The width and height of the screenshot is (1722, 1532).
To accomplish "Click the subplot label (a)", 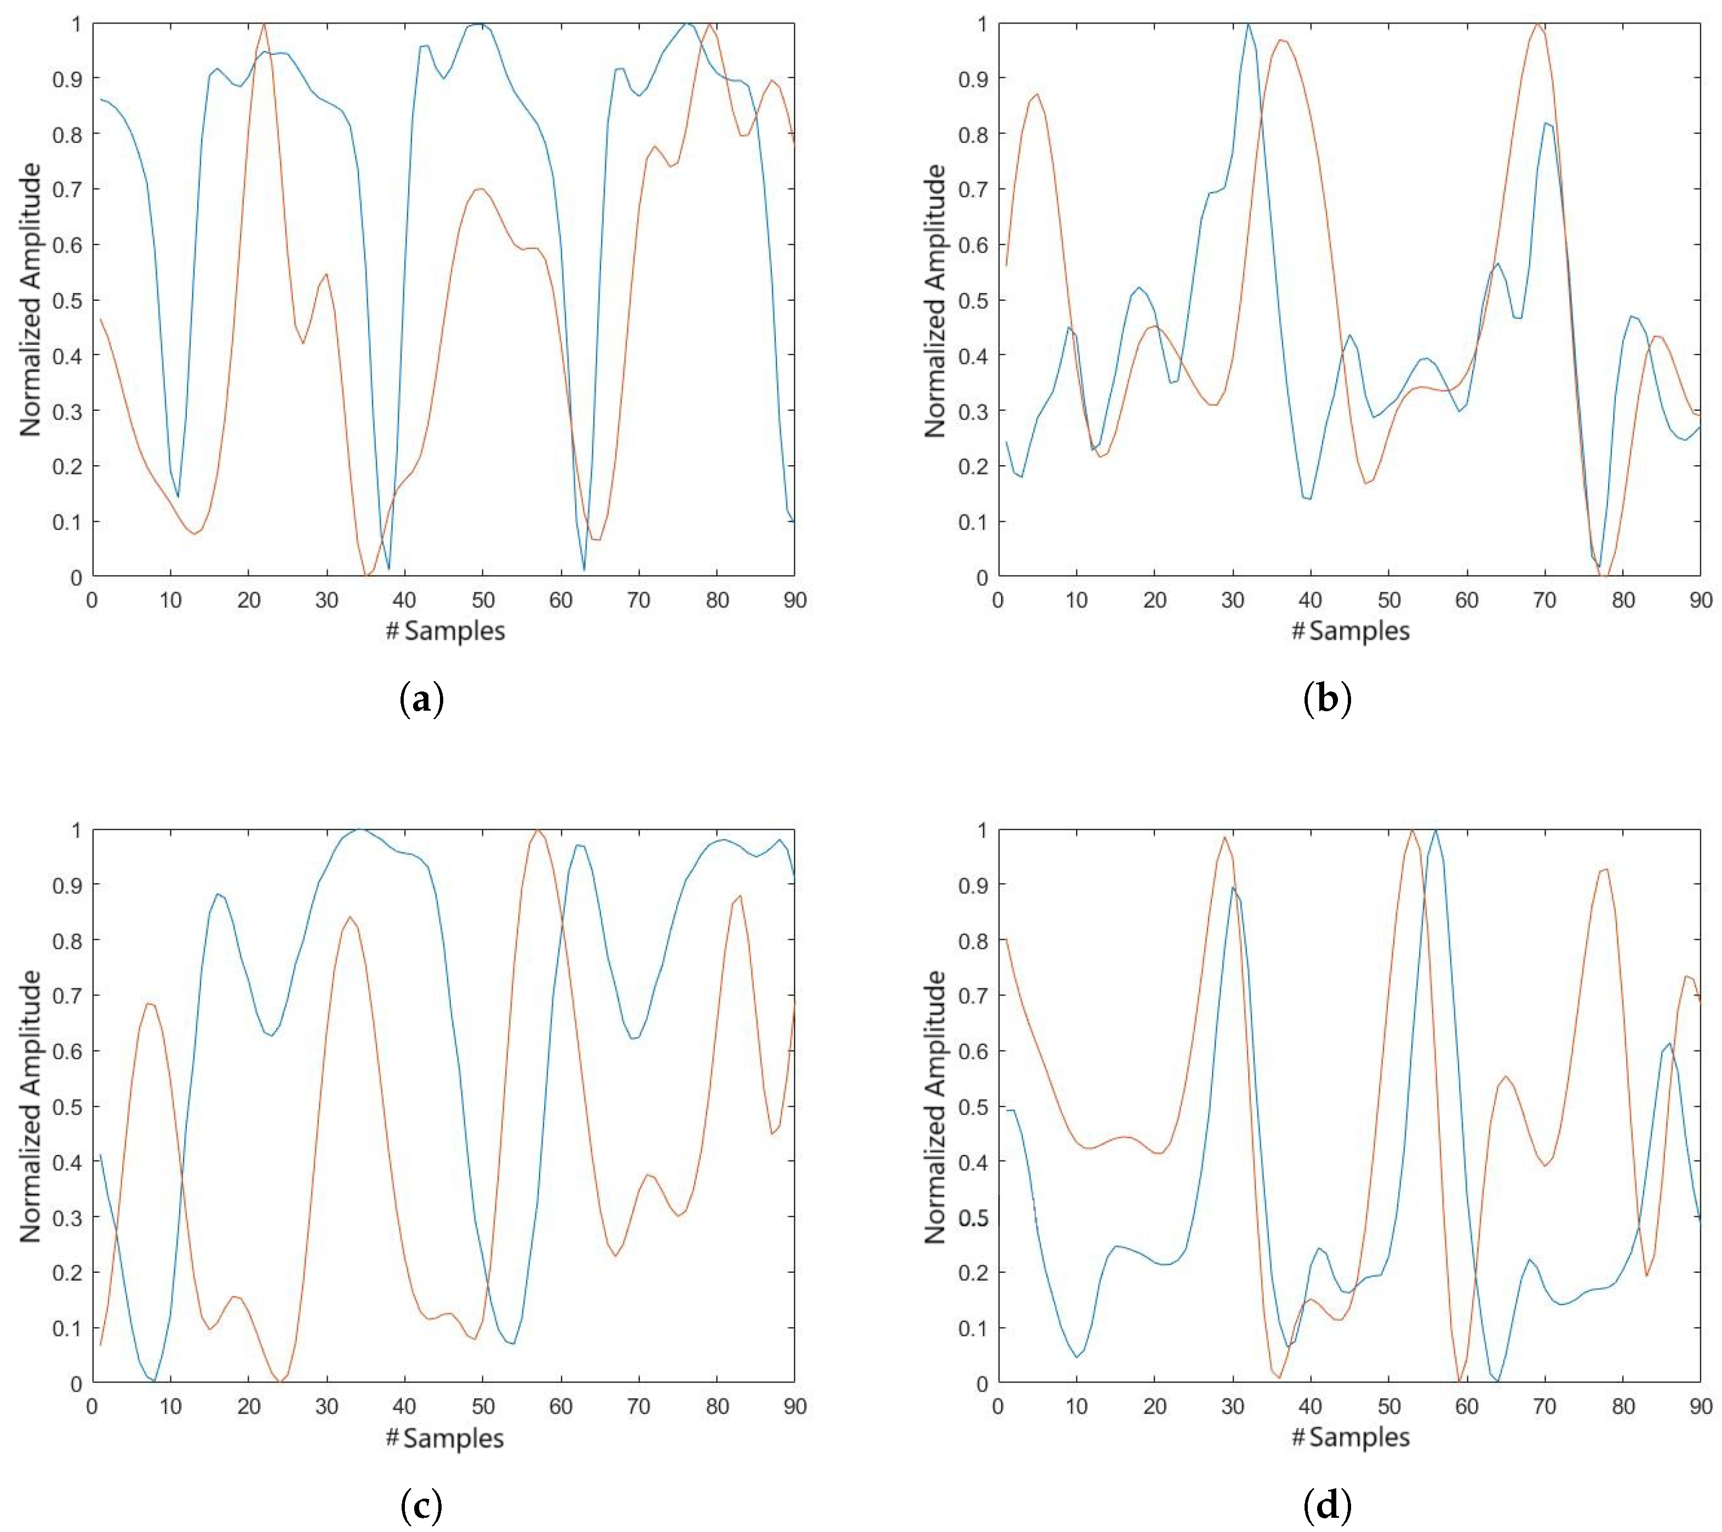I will tap(421, 700).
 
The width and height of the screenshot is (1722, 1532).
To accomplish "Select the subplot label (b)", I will tap(1328, 700).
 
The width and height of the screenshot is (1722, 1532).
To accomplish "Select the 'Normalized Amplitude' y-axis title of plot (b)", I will tap(935, 301).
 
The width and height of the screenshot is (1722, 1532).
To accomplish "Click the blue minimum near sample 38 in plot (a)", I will tap(388, 569).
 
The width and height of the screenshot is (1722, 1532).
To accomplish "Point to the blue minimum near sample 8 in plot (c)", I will tap(154, 1381).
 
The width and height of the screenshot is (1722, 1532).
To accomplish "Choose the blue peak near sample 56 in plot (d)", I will tap(1435, 831).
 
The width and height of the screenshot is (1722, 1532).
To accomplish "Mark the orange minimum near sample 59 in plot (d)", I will tap(1459, 1382).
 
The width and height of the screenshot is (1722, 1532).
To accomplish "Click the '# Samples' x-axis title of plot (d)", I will tap(1351, 1437).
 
